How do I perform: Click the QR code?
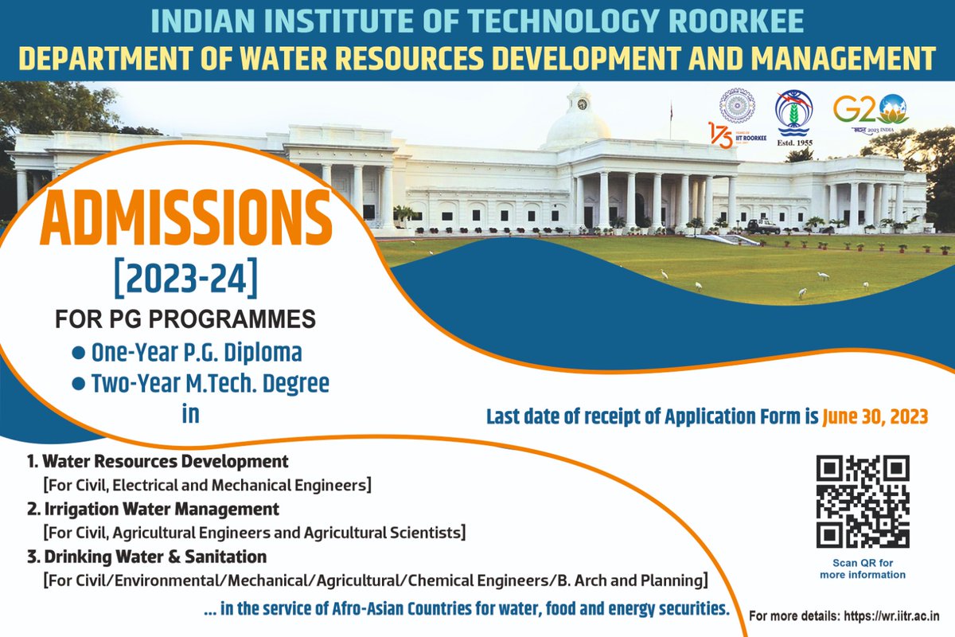pyautogui.click(x=863, y=502)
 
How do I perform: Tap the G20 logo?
pyautogui.click(x=871, y=113)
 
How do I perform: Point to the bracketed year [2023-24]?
pyautogui.click(x=186, y=280)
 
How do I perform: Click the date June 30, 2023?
pyautogui.click(x=875, y=416)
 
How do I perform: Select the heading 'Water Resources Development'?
pyautogui.click(x=165, y=461)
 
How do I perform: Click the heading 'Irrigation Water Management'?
pyautogui.click(x=160, y=507)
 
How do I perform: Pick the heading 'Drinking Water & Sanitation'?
pyautogui.click(x=154, y=555)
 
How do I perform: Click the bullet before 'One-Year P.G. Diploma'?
pyautogui.click(x=79, y=351)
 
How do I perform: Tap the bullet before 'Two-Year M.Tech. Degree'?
pyautogui.click(x=79, y=384)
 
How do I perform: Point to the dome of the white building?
pyautogui.click(x=577, y=119)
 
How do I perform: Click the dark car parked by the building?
pyautogui.click(x=762, y=226)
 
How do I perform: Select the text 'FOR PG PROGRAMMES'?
pyautogui.click(x=185, y=319)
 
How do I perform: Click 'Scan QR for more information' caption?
pyautogui.click(x=863, y=569)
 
